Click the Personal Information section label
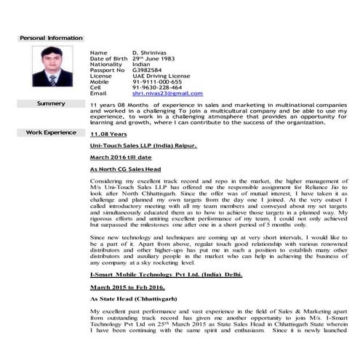pos(50,38)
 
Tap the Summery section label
pos(51,104)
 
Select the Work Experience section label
pos(51,133)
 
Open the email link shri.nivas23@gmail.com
pos(167,94)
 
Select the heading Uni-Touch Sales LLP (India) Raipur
pos(143,146)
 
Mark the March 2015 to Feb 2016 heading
pos(124,289)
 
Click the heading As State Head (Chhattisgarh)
pos(132,299)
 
